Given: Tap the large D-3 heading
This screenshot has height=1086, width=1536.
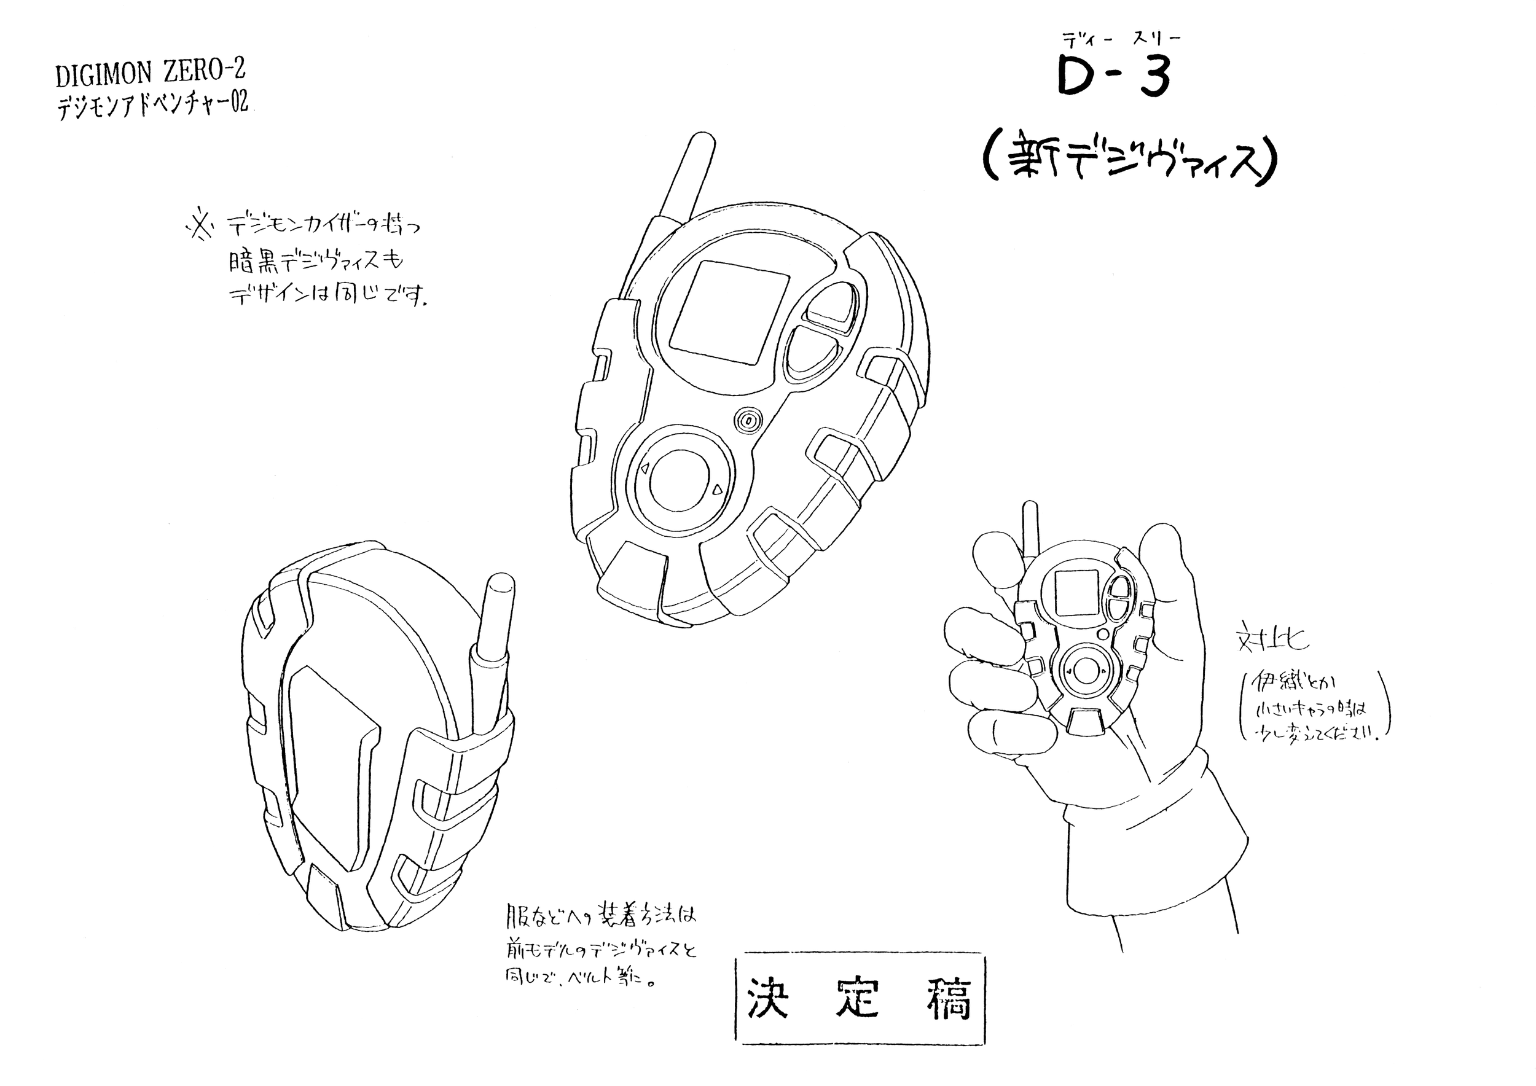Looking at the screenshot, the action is [1113, 76].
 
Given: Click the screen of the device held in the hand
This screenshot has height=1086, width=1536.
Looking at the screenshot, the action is [1076, 593].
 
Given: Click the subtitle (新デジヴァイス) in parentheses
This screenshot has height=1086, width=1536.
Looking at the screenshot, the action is [1130, 163].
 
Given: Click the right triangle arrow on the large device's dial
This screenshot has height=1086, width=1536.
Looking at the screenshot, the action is [716, 490].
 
